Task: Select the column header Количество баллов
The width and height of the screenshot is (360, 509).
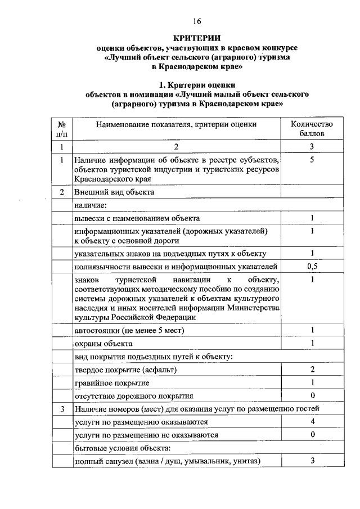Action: [312, 129]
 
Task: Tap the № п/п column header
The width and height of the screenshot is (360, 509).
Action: [62, 129]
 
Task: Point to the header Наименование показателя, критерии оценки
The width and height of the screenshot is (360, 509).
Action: [176, 124]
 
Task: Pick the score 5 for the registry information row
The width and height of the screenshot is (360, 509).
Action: [312, 160]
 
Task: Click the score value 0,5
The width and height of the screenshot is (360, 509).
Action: [312, 266]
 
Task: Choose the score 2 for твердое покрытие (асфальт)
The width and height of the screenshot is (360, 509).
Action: [312, 370]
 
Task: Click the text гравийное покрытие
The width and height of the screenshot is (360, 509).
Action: [112, 383]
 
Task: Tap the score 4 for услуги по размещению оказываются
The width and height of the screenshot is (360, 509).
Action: [312, 421]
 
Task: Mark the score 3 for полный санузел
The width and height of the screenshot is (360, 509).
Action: [312, 461]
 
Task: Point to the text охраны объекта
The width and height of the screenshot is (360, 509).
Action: [103, 343]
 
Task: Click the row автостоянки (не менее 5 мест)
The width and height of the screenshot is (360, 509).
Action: [129, 330]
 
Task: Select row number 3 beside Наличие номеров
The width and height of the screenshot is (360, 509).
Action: [62, 408]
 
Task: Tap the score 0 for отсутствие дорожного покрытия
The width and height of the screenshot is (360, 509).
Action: [312, 395]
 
